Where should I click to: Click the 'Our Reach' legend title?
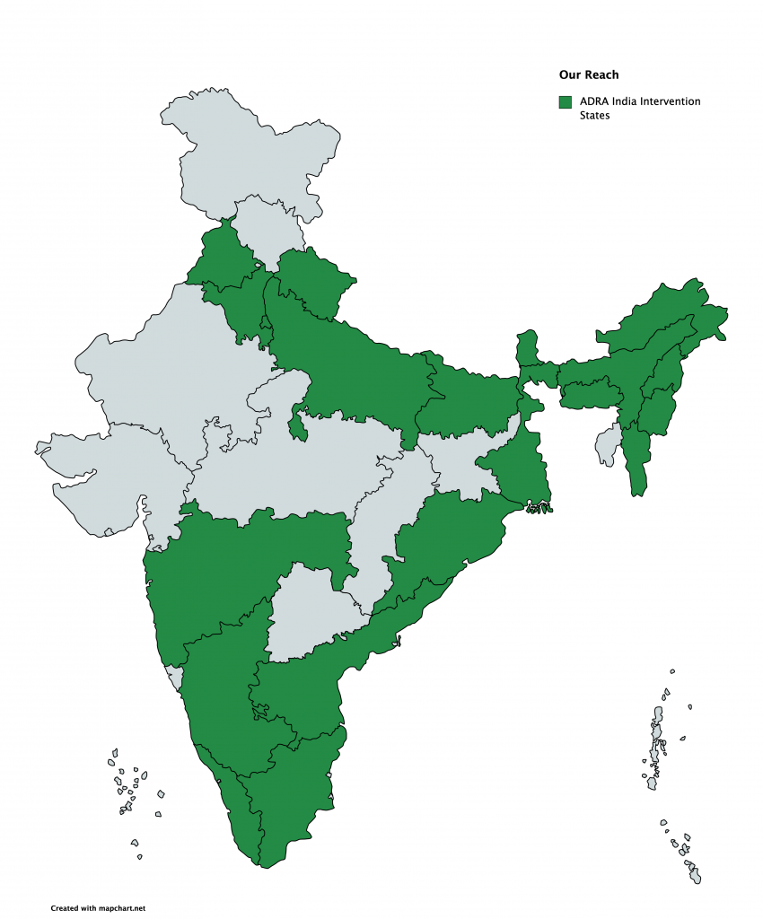tap(589, 74)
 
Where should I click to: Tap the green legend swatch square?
tap(566, 102)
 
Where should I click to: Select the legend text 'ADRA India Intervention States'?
tap(640, 109)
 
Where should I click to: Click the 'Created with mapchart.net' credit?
tap(98, 908)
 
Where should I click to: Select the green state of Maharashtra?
tap(233, 565)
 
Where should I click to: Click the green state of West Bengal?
tap(521, 467)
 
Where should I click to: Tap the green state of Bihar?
tap(467, 404)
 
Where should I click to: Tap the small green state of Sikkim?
tap(528, 346)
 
